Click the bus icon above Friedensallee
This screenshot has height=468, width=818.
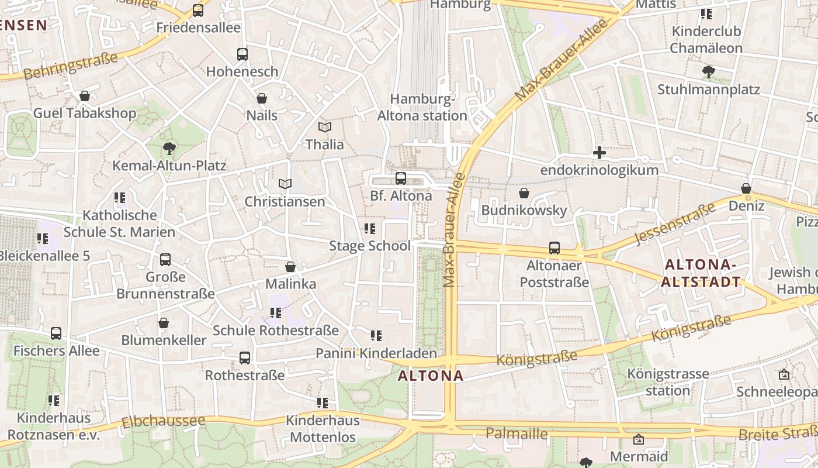[198, 10]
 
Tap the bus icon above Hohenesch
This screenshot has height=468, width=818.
[242, 54]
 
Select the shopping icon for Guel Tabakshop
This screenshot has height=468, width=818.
[85, 96]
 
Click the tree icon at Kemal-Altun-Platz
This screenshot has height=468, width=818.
[169, 148]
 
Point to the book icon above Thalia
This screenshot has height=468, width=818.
[325, 127]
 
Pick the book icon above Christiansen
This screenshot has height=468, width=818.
[285, 184]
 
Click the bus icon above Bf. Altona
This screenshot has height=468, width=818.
[401, 178]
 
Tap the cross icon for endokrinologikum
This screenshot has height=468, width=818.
[599, 153]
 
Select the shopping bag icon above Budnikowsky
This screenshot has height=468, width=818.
[524, 193]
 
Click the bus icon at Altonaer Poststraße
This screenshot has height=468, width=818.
[554, 248]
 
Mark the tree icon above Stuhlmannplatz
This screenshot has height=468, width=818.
[708, 72]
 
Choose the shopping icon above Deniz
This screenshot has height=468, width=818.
[746, 188]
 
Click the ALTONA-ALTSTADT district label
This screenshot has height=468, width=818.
[701, 274]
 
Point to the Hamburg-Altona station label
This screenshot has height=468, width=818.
[422, 107]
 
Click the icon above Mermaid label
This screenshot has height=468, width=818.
[639, 439]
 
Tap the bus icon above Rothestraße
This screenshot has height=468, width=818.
[245, 357]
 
